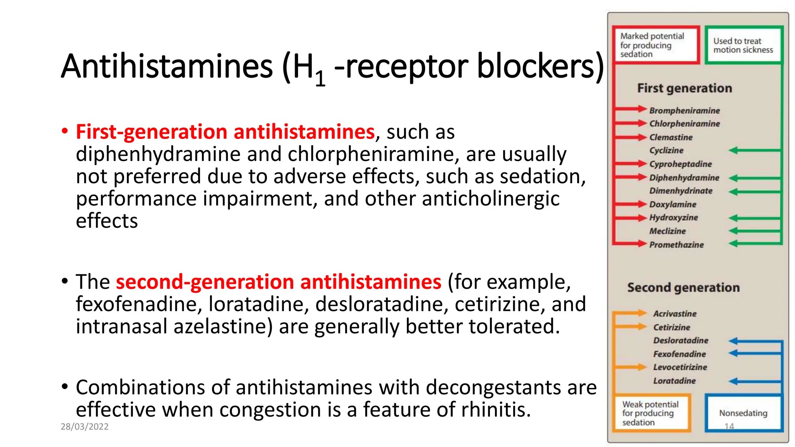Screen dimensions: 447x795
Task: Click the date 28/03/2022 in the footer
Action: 85,426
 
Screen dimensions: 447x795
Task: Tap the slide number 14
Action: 729,426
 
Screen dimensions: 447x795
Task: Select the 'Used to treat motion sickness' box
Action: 743,45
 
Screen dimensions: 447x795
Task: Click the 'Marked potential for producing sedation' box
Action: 655,45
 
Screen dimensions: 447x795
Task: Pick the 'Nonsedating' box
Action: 743,413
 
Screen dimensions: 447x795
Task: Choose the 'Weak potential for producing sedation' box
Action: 651,413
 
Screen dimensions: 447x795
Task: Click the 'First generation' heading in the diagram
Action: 684,88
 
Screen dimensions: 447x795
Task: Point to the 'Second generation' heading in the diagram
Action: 683,288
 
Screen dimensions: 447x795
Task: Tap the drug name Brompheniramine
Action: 684,111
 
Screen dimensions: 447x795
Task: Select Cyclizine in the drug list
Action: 667,151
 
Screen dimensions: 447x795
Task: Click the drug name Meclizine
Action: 668,231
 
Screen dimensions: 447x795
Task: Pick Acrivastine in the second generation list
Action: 675,314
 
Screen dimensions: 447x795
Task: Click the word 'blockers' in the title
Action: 540,66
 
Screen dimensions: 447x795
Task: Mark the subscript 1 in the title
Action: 320,79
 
